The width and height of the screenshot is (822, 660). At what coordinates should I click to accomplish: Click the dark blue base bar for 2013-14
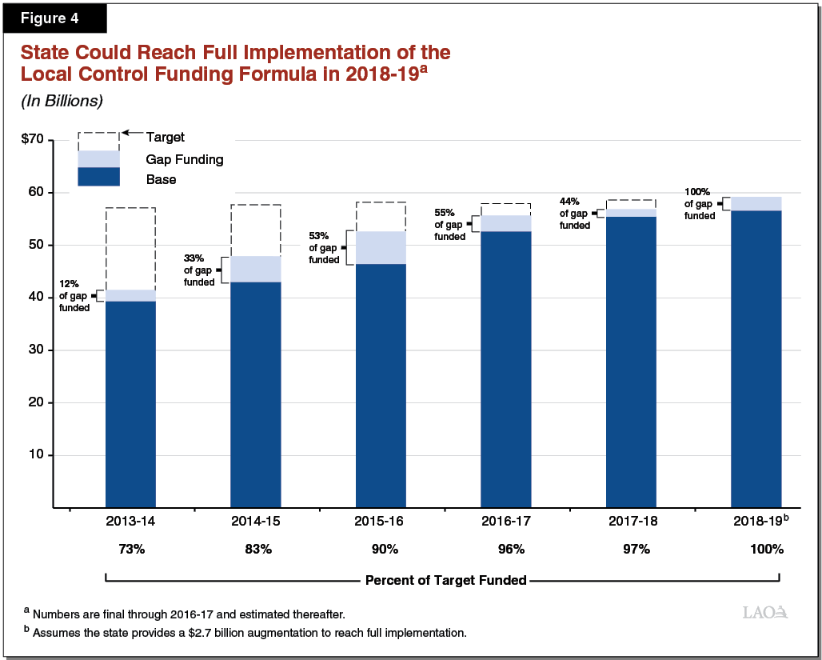[x=130, y=404]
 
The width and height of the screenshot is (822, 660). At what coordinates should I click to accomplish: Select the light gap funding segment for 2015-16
[x=381, y=247]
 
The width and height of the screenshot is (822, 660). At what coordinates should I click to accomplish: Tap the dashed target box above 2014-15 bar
[x=256, y=230]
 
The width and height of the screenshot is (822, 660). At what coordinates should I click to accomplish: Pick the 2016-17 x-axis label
[x=505, y=521]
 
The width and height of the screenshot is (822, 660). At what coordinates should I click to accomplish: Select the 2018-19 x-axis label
[x=758, y=521]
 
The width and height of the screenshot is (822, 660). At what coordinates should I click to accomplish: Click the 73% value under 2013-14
[x=130, y=550]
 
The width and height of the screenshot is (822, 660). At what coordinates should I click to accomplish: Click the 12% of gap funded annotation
[x=74, y=296]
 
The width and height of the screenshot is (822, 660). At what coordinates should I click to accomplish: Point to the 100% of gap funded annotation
[x=700, y=204]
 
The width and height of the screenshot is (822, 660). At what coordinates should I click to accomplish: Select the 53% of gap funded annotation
[x=324, y=247]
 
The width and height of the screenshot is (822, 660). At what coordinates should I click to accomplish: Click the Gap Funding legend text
[x=185, y=160]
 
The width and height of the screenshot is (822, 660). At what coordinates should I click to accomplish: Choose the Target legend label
[x=166, y=138]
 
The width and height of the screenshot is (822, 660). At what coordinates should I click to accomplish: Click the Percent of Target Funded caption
[x=445, y=580]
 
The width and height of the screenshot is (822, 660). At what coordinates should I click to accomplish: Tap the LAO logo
[x=765, y=613]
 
